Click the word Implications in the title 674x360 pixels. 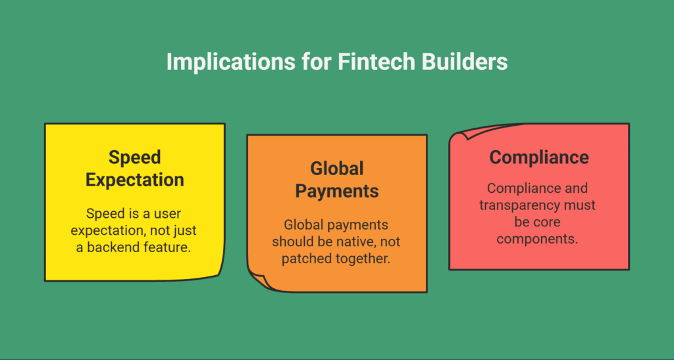[x=231, y=63]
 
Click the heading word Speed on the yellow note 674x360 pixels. [x=134, y=158]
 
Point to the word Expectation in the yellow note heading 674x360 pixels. [x=134, y=180]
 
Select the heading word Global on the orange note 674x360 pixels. [x=337, y=169]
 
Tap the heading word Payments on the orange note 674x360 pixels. [x=337, y=192]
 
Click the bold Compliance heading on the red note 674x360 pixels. [x=539, y=158]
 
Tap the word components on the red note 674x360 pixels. [x=537, y=239]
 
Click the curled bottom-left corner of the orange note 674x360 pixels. [x=259, y=282]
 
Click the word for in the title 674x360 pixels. [x=317, y=61]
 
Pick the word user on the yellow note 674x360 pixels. [x=167, y=214]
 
